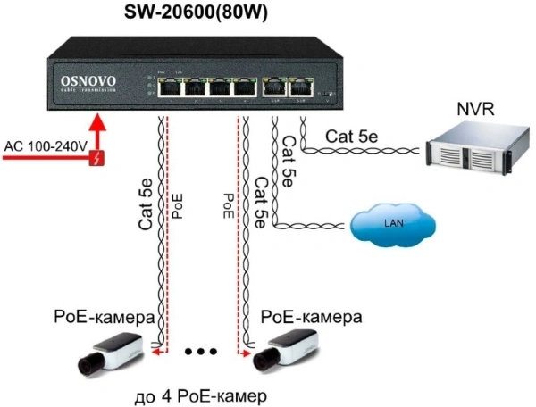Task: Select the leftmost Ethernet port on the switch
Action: point(169,87)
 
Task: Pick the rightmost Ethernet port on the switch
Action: point(301,87)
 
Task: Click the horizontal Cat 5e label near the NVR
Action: point(356,136)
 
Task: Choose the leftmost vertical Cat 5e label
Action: point(147,203)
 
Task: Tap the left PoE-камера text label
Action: point(105,317)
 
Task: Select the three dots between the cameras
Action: point(201,352)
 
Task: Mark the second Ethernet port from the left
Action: point(195,87)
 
